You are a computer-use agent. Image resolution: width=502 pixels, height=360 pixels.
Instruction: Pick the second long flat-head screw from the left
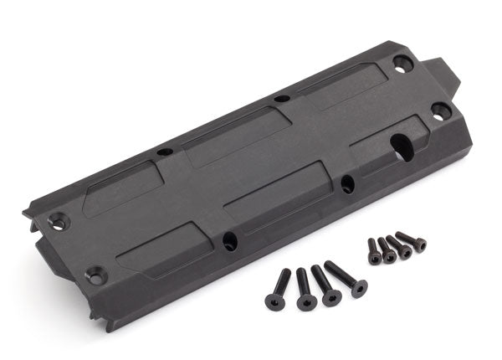[305, 291]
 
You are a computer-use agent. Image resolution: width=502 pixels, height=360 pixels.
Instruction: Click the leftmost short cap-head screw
[373, 251]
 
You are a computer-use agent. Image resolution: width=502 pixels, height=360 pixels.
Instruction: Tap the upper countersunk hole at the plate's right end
[402, 62]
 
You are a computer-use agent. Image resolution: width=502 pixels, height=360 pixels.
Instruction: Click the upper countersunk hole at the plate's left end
[56, 221]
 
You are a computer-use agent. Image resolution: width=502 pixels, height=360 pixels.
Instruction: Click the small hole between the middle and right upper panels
[282, 99]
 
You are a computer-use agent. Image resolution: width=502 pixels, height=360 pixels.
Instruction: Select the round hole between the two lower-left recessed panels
[229, 241]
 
